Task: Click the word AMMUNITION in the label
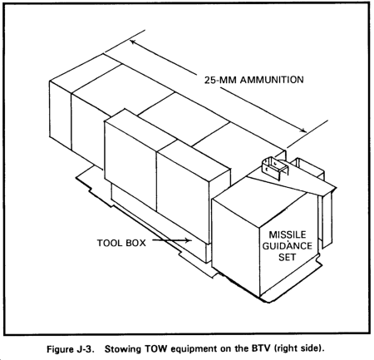[272, 80]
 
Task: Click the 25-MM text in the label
[221, 80]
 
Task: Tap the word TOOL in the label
[110, 243]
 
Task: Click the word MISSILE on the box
[288, 234]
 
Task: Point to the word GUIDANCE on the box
[288, 246]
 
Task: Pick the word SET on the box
[288, 257]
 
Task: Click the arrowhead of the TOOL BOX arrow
[189, 240]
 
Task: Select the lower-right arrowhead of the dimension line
[303, 130]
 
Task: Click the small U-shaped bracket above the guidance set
[275, 167]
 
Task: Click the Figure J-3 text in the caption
[69, 348]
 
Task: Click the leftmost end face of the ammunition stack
[61, 115]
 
